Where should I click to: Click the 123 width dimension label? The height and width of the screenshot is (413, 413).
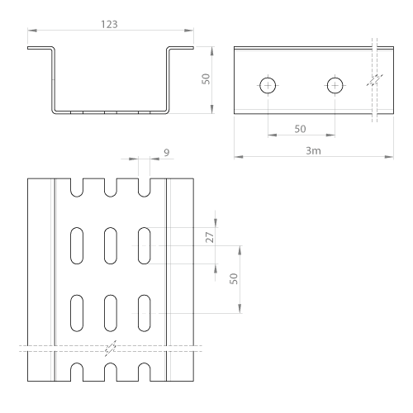[x=109, y=25]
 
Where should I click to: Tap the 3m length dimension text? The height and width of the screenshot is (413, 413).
[x=313, y=150]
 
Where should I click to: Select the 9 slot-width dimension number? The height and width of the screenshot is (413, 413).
[x=167, y=152]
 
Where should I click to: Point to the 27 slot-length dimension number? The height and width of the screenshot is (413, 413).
[x=210, y=237]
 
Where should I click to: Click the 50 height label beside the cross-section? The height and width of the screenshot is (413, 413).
[x=206, y=79]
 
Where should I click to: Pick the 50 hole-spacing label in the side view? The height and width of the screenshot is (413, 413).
[x=300, y=129]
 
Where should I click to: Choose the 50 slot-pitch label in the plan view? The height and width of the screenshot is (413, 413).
[x=234, y=278]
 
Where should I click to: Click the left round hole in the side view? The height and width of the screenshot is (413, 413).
[x=268, y=86]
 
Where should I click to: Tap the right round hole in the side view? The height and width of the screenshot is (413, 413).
[x=335, y=86]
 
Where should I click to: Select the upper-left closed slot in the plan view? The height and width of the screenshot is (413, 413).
[x=77, y=245]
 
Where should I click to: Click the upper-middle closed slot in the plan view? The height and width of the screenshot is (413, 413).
[x=111, y=245]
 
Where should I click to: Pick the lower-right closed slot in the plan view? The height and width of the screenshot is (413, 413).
[x=144, y=313]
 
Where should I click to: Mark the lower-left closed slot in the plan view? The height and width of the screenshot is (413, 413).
[x=77, y=313]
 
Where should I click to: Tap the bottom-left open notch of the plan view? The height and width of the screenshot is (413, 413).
[x=77, y=372]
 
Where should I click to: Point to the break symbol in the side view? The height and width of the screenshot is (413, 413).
[x=375, y=80]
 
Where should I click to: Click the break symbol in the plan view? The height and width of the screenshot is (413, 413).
[x=111, y=349]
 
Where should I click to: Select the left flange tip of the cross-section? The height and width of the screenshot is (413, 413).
[x=28, y=48]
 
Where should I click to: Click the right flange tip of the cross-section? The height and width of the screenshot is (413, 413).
[x=193, y=48]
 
